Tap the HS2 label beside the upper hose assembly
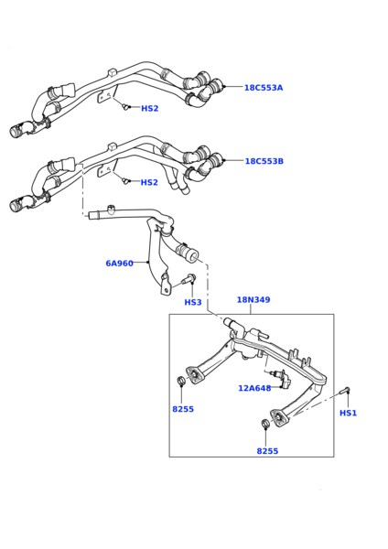point(149,109)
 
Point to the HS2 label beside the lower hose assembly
point(149,182)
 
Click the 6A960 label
point(119,264)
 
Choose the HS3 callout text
point(193,302)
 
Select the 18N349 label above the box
point(253,299)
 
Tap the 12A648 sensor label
point(254,388)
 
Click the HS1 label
point(348,413)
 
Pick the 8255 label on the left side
point(183,409)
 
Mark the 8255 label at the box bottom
point(267,451)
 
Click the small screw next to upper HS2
point(125,107)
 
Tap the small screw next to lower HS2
point(125,180)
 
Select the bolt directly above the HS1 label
point(345,392)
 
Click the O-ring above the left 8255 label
point(181,381)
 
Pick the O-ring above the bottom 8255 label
point(264,423)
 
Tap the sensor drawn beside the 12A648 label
point(278,374)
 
